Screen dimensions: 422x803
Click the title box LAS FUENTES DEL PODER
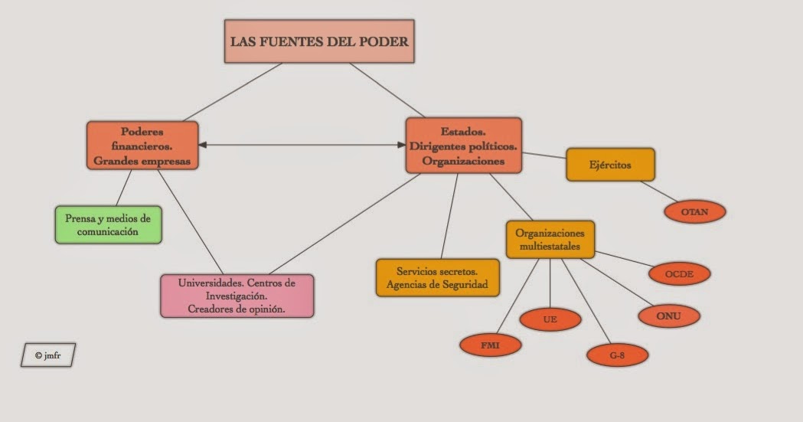click(319, 41)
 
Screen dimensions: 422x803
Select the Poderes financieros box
click(142, 146)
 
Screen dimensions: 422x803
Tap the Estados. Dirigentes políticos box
click(463, 146)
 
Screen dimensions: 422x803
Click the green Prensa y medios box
click(108, 224)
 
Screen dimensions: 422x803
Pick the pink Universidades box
click(237, 296)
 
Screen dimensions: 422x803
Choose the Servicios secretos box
click(437, 277)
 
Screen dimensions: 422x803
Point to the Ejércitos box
click(610, 165)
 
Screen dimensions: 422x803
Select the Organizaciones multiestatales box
click(550, 240)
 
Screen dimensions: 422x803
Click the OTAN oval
click(694, 211)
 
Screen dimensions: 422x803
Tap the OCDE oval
click(679, 273)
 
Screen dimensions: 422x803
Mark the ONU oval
click(668, 316)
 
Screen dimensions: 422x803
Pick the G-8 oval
click(617, 355)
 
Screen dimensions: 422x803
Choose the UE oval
click(550, 319)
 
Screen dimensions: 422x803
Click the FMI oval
click(490, 345)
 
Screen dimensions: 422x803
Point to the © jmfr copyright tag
click(48, 355)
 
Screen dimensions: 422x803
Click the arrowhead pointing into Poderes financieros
click(202, 145)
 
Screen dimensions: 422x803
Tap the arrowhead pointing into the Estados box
click(401, 145)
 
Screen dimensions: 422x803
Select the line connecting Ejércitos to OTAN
click(660, 191)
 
